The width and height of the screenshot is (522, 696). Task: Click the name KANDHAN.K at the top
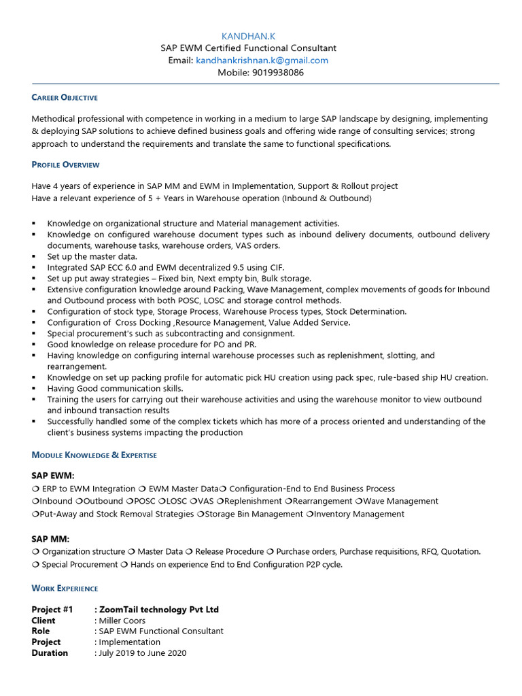pyautogui.click(x=248, y=36)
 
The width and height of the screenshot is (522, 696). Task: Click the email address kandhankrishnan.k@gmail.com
pyautogui.click(x=262, y=60)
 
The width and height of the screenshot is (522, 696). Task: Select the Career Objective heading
pyautogui.click(x=65, y=98)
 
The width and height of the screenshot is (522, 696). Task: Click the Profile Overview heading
pyautogui.click(x=65, y=164)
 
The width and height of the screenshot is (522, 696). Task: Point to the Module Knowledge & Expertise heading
pyautogui.click(x=94, y=455)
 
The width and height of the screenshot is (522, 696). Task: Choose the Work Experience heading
pyautogui.click(x=65, y=588)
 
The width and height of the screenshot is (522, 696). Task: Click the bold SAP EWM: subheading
pyautogui.click(x=53, y=475)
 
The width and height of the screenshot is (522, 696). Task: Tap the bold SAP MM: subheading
pyautogui.click(x=51, y=538)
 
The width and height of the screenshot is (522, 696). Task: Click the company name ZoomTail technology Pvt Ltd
pyautogui.click(x=159, y=610)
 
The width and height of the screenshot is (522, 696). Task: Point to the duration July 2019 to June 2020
pyautogui.click(x=143, y=653)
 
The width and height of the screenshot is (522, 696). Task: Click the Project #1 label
pyautogui.click(x=52, y=610)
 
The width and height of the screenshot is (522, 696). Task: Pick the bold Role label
pyautogui.click(x=42, y=631)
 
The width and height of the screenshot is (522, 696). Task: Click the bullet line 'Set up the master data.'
pyautogui.click(x=92, y=257)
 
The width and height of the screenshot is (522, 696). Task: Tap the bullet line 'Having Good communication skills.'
pyautogui.click(x=115, y=389)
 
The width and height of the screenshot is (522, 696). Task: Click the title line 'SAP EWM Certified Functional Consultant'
pyautogui.click(x=248, y=48)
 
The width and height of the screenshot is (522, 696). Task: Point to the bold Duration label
pyautogui.click(x=50, y=653)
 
